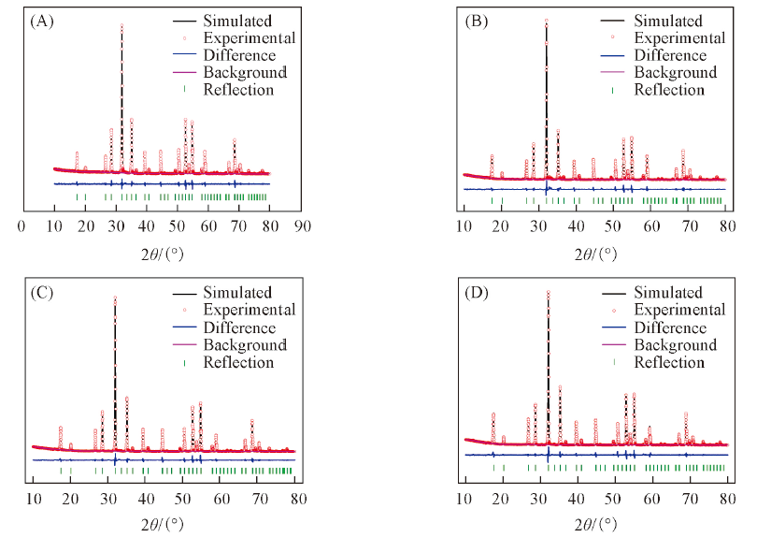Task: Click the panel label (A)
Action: click(x=40, y=20)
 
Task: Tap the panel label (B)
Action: click(x=477, y=20)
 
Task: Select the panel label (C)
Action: click(x=40, y=292)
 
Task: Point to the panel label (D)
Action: click(x=477, y=292)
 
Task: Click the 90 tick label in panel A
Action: click(x=301, y=225)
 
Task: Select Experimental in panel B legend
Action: click(x=680, y=38)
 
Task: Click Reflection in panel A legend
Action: click(x=238, y=90)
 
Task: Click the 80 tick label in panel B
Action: click(x=727, y=225)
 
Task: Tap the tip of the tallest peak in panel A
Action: click(x=121, y=25)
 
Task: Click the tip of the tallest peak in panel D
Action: click(x=548, y=290)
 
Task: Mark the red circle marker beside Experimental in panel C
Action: click(x=185, y=310)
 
